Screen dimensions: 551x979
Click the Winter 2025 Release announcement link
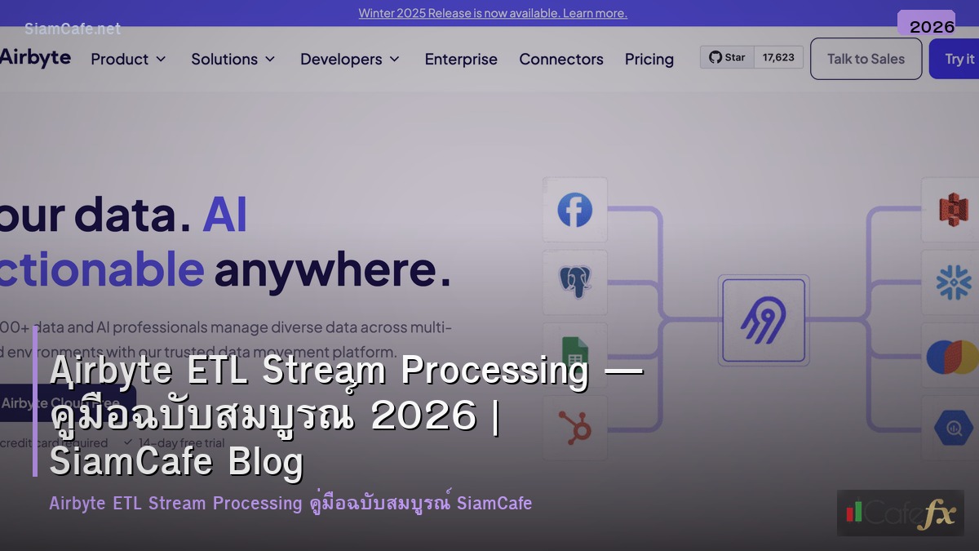493,13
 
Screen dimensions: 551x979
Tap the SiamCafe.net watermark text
73,29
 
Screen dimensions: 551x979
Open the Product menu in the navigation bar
128,59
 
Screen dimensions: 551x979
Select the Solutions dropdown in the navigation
233,59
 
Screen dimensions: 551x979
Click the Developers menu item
350,59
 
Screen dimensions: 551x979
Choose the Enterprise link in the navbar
461,59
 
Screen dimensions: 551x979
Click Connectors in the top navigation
561,59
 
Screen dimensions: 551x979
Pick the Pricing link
649,59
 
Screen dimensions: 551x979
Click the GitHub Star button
727,57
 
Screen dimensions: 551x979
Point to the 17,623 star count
778,57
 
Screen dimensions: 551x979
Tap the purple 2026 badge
932,26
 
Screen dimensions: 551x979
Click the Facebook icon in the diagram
574,210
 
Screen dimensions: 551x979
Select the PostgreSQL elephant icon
574,282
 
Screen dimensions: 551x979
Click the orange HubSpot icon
574,426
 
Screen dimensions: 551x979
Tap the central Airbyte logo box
763,319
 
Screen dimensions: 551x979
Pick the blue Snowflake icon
952,282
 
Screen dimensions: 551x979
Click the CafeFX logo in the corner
900,513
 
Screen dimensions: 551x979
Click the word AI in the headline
224,215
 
